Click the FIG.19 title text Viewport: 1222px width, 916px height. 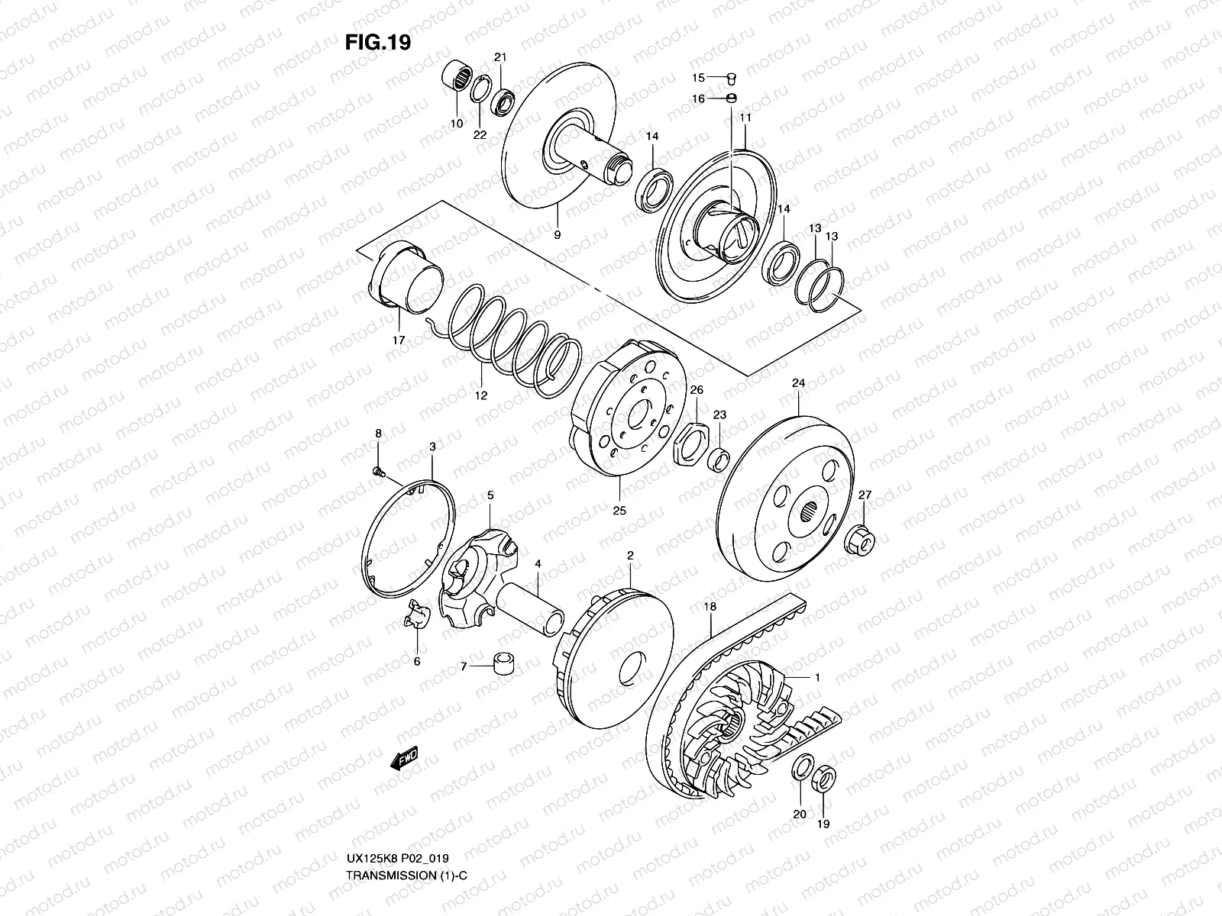(377, 43)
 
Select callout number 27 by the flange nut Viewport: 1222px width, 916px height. (864, 495)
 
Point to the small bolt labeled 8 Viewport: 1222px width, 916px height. (377, 473)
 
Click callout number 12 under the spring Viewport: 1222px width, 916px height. (480, 395)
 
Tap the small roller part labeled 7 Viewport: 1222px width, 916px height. (503, 664)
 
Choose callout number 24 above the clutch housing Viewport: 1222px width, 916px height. (798, 383)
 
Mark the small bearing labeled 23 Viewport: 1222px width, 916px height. (719, 460)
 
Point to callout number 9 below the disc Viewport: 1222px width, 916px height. (557, 235)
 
